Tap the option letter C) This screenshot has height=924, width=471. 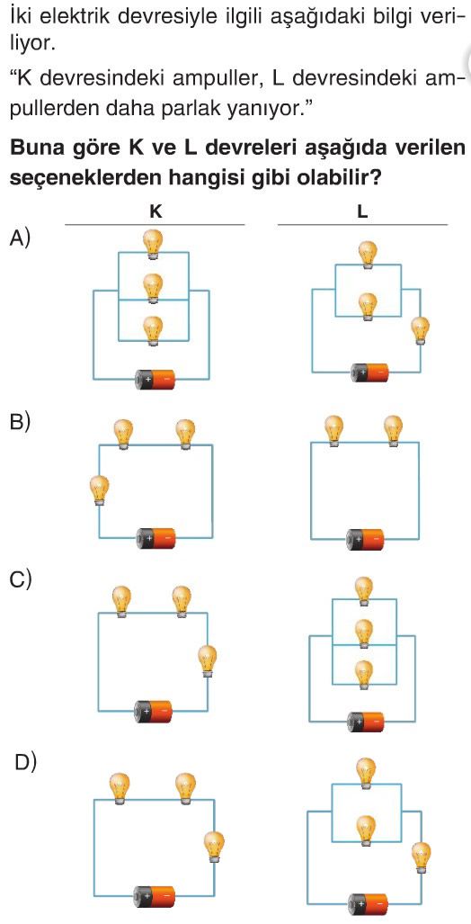click(x=21, y=579)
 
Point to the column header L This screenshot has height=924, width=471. click(x=362, y=212)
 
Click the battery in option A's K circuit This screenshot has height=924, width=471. click(x=156, y=379)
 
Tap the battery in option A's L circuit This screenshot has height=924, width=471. click(x=369, y=372)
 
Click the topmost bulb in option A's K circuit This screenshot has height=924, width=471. click(x=154, y=244)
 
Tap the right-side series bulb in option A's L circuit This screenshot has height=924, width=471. click(x=421, y=330)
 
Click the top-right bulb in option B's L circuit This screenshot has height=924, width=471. click(x=393, y=431)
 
